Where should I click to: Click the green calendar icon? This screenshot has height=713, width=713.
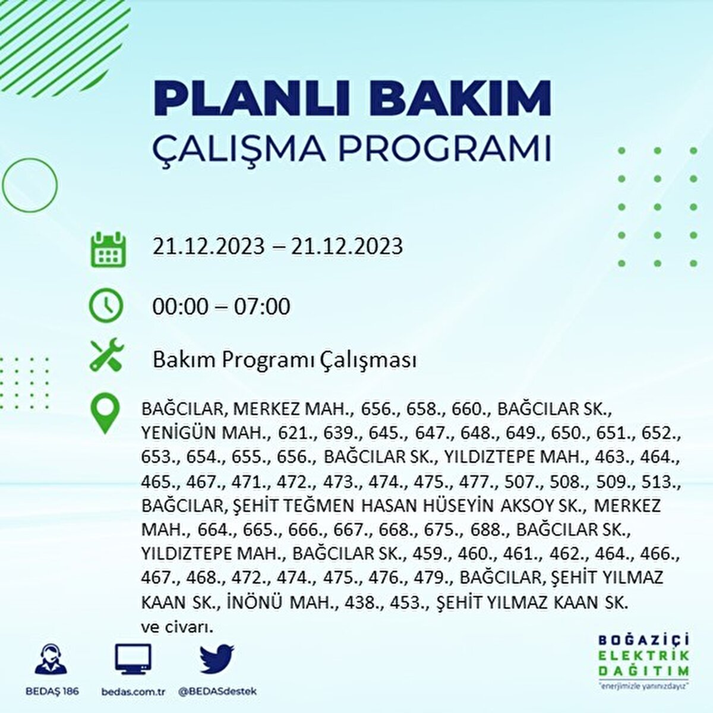click(x=108, y=248)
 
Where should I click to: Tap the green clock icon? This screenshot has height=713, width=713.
click(x=106, y=306)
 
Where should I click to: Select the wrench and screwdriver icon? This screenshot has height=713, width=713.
click(x=106, y=355)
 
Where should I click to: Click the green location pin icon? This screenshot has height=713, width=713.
click(x=105, y=414)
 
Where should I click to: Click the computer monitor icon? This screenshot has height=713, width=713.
click(x=133, y=660)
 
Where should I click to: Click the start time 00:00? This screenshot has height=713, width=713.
click(x=181, y=307)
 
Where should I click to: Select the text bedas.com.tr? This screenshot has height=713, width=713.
click(x=133, y=691)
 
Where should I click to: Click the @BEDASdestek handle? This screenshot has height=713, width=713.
click(x=217, y=691)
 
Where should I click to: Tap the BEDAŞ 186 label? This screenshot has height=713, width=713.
click(x=52, y=691)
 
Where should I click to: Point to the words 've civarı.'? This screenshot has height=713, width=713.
click(x=177, y=627)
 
